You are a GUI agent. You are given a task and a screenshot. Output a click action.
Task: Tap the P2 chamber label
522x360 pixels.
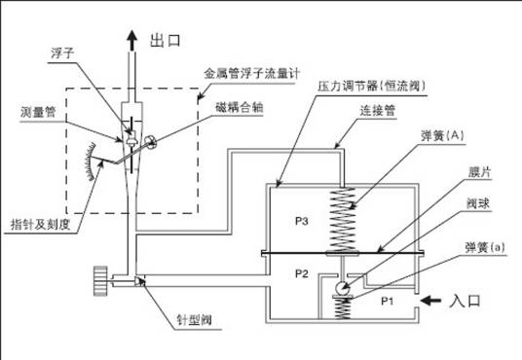pyautogui.click(x=301, y=273)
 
